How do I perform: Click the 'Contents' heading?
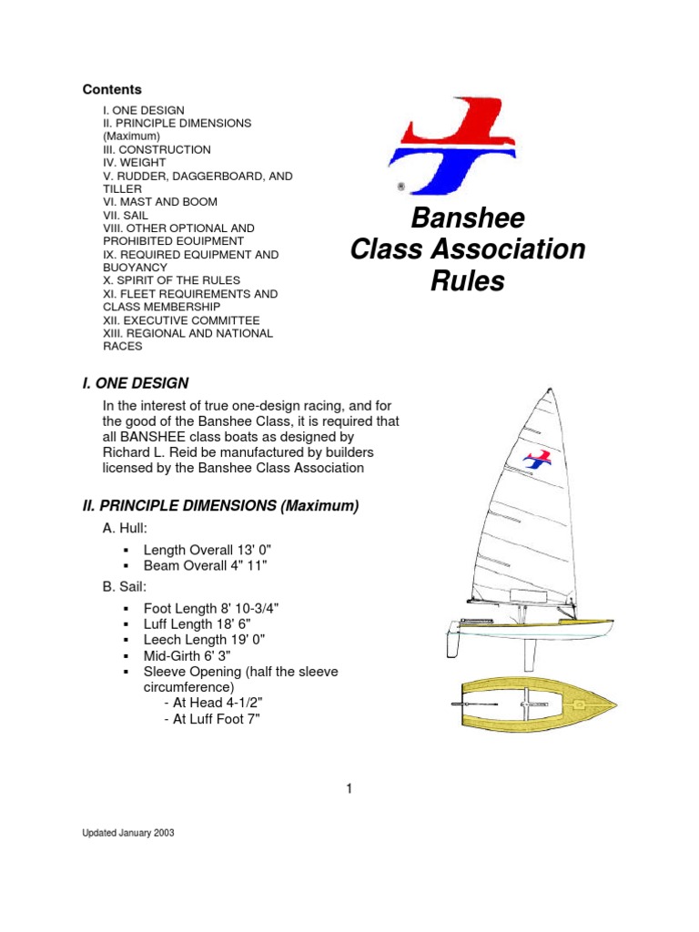coord(112,89)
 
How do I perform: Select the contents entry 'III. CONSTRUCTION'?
coord(157,149)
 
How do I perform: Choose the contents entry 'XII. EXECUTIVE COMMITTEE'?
coord(181,320)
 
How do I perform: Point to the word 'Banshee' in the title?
coord(468,219)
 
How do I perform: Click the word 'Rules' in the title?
coord(467,282)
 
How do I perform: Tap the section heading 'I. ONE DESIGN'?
coord(136,383)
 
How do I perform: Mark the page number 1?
coord(349,789)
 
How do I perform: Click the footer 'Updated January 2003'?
coord(128,833)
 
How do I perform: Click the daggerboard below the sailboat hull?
coord(527,653)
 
